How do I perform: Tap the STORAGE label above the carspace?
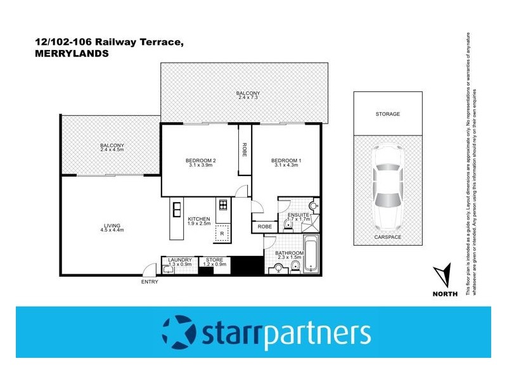click(387, 114)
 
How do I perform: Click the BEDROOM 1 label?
click(286, 161)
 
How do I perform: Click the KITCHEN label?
click(198, 218)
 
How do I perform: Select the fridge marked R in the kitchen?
click(222, 233)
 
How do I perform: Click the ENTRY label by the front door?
click(150, 282)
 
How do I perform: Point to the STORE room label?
click(213, 260)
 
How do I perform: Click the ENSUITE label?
click(297, 215)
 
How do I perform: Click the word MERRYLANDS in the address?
click(70, 54)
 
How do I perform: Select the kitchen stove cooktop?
click(222, 205)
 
